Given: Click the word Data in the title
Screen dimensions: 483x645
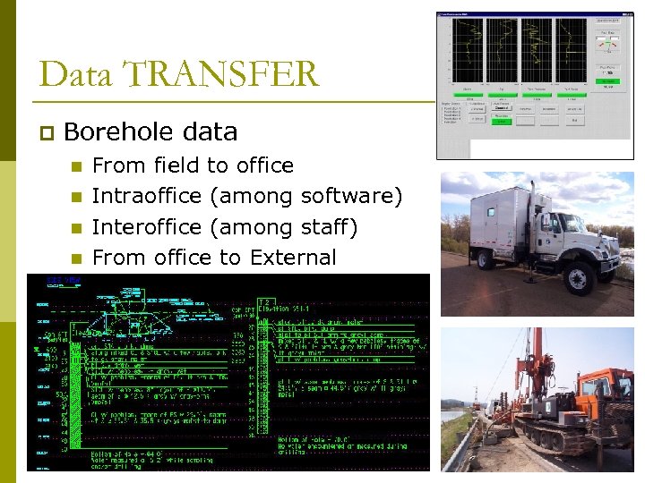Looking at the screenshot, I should tap(77, 73).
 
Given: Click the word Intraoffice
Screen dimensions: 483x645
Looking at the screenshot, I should tap(147, 196).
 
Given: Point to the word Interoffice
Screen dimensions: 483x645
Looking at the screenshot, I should tap(147, 227).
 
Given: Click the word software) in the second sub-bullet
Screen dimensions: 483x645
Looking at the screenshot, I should tap(352, 196).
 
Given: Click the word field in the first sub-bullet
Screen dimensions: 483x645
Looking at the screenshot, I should tap(176, 165).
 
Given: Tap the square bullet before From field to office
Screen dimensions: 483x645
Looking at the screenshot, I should tap(76, 166).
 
